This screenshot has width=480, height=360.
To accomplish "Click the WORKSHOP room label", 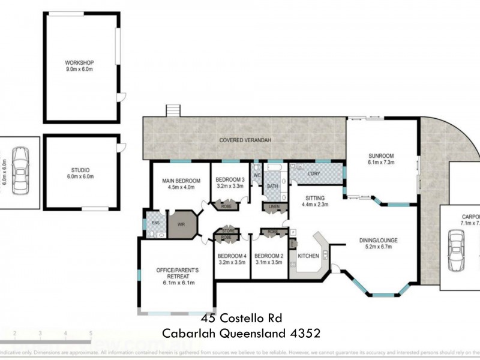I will click(x=80, y=62).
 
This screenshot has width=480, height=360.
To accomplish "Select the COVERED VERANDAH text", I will click(x=245, y=140).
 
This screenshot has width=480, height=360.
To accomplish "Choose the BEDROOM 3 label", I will click(x=230, y=179).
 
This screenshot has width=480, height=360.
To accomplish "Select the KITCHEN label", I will click(x=308, y=256).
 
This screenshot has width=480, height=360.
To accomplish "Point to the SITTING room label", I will click(x=315, y=197).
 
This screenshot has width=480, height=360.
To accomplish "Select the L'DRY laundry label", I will click(x=314, y=174).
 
